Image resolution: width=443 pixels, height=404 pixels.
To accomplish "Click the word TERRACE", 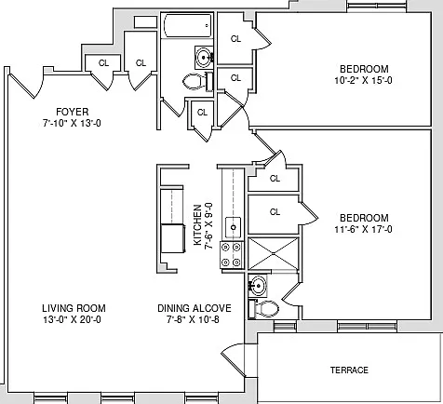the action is (x=349, y=370).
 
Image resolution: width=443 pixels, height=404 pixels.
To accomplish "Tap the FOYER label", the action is (x=72, y=112).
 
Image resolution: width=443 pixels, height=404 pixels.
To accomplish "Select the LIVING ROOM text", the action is (x=74, y=308).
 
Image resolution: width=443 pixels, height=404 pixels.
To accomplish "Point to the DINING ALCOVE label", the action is (x=195, y=308).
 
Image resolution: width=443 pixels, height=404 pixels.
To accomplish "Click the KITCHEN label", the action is (x=197, y=224).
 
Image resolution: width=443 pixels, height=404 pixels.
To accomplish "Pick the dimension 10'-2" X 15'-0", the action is (x=363, y=80).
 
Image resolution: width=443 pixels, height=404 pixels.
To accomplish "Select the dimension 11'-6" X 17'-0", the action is (x=363, y=229).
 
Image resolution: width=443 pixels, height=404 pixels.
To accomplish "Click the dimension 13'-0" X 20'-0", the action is (x=72, y=319).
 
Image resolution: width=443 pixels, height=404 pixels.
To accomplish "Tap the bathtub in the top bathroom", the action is (x=187, y=25).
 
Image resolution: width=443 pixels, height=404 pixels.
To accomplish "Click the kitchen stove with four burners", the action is (x=231, y=255).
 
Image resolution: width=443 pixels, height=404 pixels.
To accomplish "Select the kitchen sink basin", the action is (x=233, y=227).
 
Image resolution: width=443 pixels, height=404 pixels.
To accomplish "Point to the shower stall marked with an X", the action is (x=274, y=253).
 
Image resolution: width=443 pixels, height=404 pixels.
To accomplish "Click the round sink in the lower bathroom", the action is (x=258, y=285).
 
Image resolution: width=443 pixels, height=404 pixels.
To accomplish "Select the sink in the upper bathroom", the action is (x=204, y=58).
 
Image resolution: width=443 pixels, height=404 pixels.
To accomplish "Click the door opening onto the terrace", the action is (x=234, y=360).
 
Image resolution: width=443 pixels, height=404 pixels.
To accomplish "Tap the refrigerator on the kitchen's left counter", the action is (x=173, y=238).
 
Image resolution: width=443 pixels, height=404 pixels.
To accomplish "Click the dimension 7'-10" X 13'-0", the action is (x=72, y=123).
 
